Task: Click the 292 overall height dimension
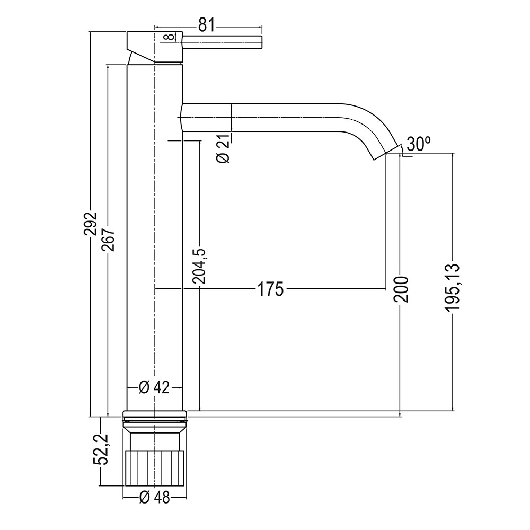pyautogui.click(x=92, y=227)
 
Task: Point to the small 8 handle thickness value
pyautogui.click(x=168, y=37)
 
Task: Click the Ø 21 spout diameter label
pyautogui.click(x=223, y=149)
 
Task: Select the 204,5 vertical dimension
pyautogui.click(x=200, y=266)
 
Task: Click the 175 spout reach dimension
pyautogui.click(x=270, y=289)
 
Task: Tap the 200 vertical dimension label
pyautogui.click(x=401, y=289)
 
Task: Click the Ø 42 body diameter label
pyautogui.click(x=154, y=387)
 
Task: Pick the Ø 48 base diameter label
pyautogui.click(x=154, y=497)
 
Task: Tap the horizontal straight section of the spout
pyautogui.click(x=265, y=117)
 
